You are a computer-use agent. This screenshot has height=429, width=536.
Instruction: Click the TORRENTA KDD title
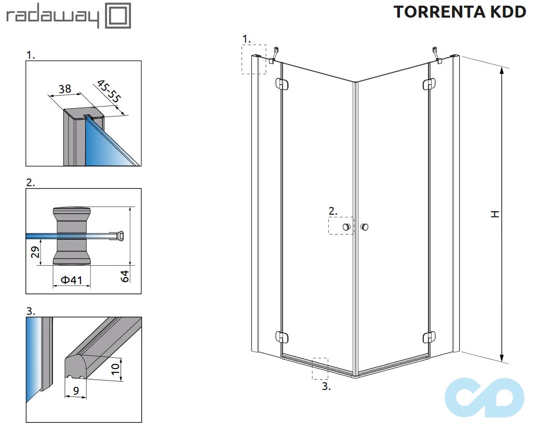pos(460,12)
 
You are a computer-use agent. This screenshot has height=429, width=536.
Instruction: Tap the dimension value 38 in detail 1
pos(65,89)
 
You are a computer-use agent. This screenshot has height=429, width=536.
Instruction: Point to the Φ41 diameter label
pos(72,280)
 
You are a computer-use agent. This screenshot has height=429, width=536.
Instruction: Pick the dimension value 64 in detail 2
pos(125,276)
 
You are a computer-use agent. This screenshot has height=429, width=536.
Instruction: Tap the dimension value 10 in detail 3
pos(116,369)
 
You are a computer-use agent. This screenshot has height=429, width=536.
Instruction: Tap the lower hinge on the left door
pos(281,337)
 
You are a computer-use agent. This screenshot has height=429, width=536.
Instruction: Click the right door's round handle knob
pos(365,226)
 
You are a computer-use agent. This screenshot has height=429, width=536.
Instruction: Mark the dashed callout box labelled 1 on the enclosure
pos(254,59)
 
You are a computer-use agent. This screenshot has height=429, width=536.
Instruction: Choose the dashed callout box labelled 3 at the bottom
pos(320,369)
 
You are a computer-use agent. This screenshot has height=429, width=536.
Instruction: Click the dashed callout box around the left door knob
pos(341,226)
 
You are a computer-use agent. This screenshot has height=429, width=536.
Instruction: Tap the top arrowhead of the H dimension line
pos(502,72)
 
